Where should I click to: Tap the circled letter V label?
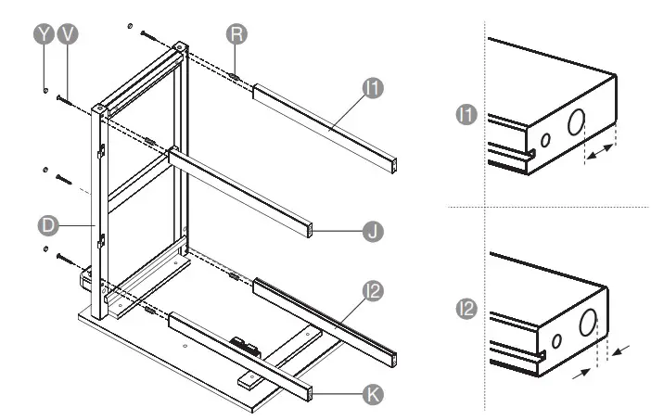(68, 33)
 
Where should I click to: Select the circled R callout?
(236, 33)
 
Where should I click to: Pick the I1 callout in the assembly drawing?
(373, 89)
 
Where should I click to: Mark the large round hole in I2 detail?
(588, 324)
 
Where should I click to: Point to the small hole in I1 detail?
(546, 140)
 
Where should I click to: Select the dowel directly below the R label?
(236, 74)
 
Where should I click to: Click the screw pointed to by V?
(62, 97)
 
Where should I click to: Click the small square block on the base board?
(247, 380)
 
